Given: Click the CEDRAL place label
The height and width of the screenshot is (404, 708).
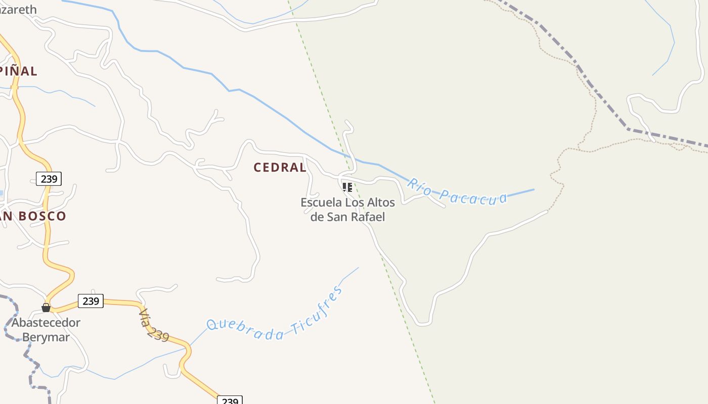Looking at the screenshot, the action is coord(280,168).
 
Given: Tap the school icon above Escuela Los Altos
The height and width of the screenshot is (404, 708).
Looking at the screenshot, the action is coord(347,187).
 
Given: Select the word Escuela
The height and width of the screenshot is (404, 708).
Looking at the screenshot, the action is coord(321,203).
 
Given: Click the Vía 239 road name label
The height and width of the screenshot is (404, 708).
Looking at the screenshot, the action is coord(153,325).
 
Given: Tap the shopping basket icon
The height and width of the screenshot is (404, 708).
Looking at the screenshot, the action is coord(46,307).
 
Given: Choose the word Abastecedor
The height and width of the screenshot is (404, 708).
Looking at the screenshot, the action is coord(46,323).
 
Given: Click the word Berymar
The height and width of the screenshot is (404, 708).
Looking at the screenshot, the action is coord(46,337).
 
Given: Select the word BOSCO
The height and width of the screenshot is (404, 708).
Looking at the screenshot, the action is coord(43,216).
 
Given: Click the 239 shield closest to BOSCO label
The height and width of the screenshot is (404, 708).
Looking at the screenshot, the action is coord(49,178).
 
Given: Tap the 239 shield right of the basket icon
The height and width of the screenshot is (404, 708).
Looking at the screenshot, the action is coord(91,301).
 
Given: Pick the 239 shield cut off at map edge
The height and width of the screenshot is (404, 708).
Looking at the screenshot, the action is coord(230,400).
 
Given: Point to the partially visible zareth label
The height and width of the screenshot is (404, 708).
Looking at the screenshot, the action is coord(19,10).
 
